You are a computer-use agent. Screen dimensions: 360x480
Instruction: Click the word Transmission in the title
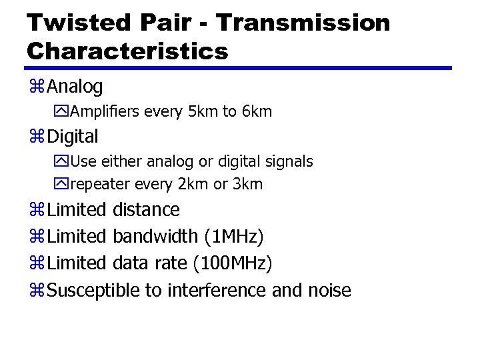point(303,23)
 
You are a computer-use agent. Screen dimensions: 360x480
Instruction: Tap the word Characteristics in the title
point(127,51)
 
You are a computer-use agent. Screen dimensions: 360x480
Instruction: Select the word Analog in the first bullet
point(75,87)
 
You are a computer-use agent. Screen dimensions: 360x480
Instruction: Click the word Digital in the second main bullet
point(73,137)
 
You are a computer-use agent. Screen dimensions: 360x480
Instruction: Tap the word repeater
point(99,184)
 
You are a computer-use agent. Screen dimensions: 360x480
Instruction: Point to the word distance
point(146,210)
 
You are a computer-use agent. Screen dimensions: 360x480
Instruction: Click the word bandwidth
point(155,237)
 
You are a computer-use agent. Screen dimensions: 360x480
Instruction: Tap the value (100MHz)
point(232,264)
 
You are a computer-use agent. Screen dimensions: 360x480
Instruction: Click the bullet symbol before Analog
point(37,87)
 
